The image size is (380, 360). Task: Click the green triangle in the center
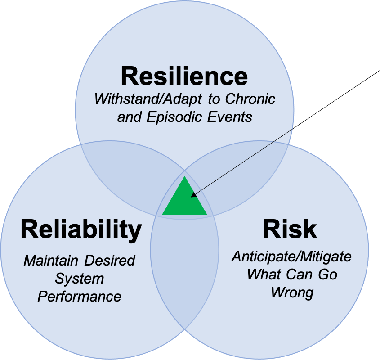(184, 201)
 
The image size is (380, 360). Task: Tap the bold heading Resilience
(184, 76)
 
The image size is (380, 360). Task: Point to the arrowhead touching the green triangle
(194, 195)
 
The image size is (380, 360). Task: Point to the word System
(80, 279)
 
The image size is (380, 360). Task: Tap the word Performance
(80, 297)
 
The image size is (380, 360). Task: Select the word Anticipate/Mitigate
(291, 256)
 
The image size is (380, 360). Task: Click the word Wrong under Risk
(291, 292)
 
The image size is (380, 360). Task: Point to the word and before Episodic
(130, 117)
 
